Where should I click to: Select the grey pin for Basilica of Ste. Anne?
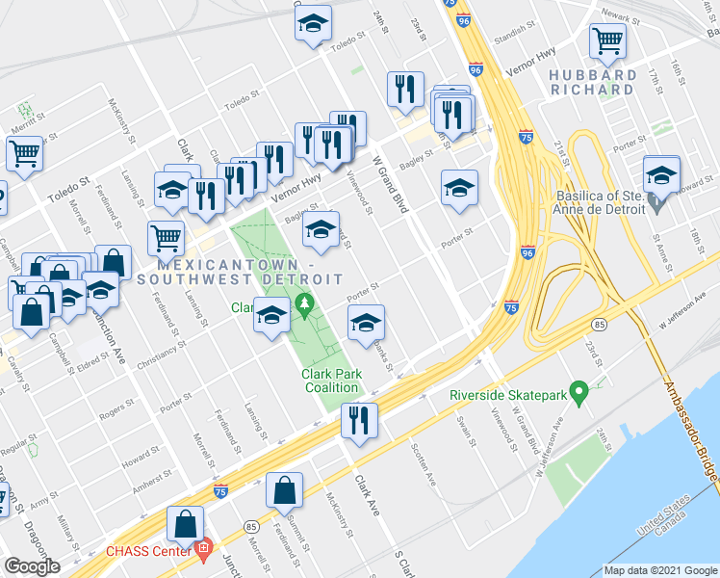pos(657,203)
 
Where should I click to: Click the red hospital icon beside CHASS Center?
pos(202,551)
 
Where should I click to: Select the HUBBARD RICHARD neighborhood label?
pos(593,82)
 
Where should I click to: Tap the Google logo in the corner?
pos(32,566)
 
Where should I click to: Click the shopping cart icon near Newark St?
pos(607,40)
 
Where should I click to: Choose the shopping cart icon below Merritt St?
pos(24,152)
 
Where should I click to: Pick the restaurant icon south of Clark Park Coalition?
pos(359,419)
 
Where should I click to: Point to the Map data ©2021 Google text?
pos(659,570)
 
